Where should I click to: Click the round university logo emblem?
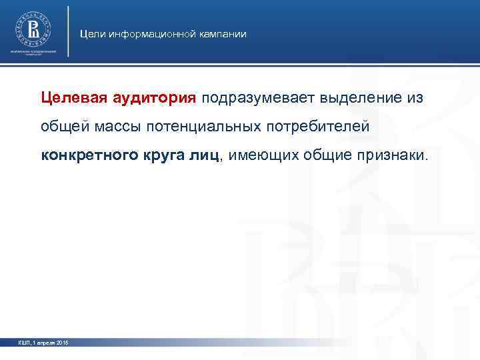click(33, 29)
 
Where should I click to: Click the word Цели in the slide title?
click(90, 33)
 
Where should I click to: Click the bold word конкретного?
click(86, 155)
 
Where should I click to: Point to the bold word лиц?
click(213, 155)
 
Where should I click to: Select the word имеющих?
click(265, 155)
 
